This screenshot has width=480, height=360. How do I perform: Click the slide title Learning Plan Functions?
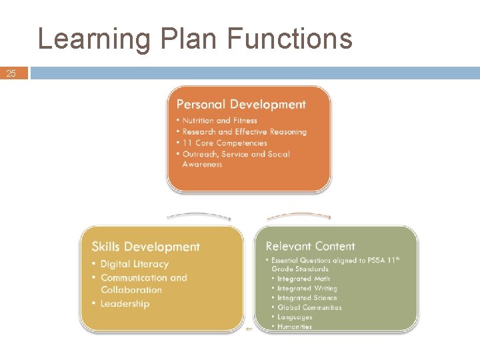pyautogui.click(x=195, y=39)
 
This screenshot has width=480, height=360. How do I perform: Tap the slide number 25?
pyautogui.click(x=11, y=73)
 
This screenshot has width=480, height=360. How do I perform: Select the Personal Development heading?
pyautogui.click(x=241, y=105)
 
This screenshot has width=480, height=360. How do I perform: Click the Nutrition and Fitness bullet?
pyautogui.click(x=219, y=121)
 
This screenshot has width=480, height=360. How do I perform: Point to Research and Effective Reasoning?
pyautogui.click(x=244, y=132)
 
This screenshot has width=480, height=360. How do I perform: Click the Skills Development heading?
pyautogui.click(x=145, y=247)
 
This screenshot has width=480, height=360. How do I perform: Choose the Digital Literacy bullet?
pyautogui.click(x=134, y=264)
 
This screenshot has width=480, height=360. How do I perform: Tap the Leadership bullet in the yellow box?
pyautogui.click(x=125, y=304)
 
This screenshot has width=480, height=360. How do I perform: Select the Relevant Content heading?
pyautogui.click(x=310, y=247)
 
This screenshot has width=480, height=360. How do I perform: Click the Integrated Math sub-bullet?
pyautogui.click(x=303, y=279)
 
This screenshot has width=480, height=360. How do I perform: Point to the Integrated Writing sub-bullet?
pyautogui.click(x=307, y=289)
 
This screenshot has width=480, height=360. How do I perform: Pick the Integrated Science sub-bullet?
pyautogui.click(x=307, y=298)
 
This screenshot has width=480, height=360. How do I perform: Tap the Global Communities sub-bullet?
pyautogui.click(x=309, y=307)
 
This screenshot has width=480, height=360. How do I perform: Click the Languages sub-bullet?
pyautogui.click(x=295, y=317)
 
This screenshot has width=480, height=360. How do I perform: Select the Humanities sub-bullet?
pyautogui.click(x=295, y=327)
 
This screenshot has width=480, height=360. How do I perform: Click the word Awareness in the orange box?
pyautogui.click(x=202, y=164)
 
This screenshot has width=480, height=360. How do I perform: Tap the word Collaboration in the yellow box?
pyautogui.click(x=131, y=290)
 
